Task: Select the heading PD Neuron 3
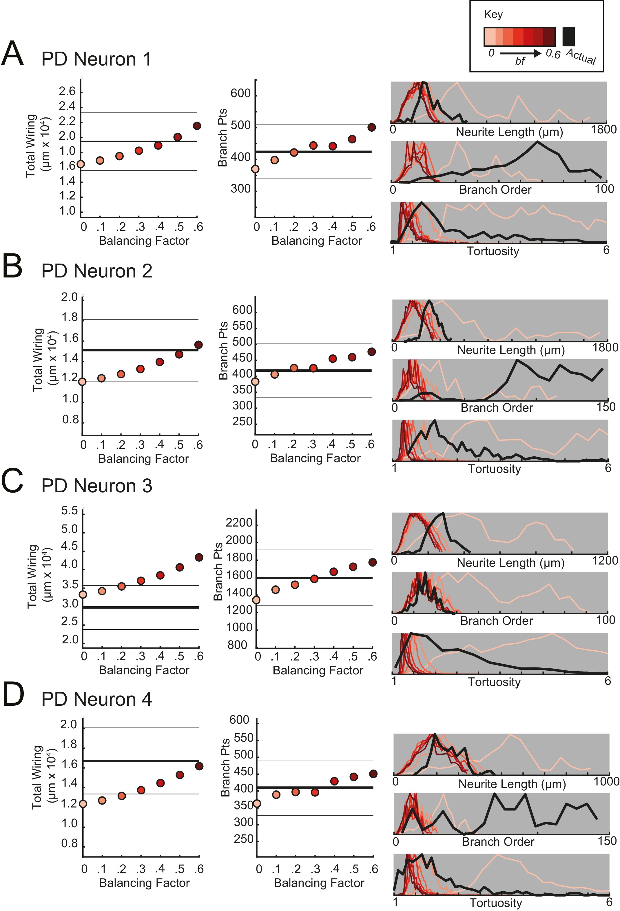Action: click(96, 486)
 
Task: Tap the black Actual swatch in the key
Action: click(568, 37)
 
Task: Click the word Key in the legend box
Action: click(493, 14)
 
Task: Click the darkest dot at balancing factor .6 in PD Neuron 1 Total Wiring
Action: click(197, 126)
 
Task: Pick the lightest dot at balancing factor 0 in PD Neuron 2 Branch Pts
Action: click(255, 381)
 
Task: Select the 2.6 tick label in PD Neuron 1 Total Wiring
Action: click(67, 92)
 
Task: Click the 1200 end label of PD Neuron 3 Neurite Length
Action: click(604, 560)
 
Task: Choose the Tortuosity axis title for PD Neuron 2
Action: click(494, 469)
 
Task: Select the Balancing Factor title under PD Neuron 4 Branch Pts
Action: click(319, 883)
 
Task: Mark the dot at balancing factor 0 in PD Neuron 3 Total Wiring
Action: click(83, 595)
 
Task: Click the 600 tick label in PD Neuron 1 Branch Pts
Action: click(240, 94)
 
